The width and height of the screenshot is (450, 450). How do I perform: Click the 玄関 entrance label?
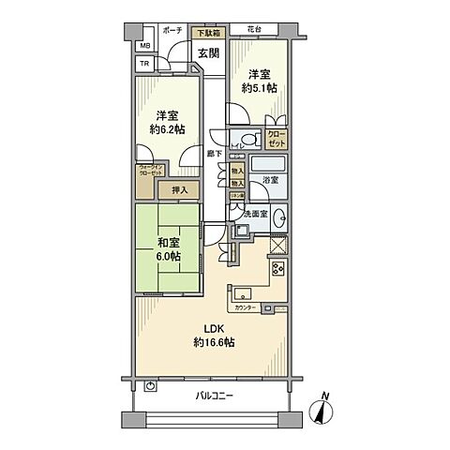(x=208, y=52)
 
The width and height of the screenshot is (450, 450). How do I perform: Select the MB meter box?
(x=144, y=46)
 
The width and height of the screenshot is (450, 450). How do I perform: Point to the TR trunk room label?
(x=144, y=64)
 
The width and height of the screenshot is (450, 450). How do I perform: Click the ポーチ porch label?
(x=172, y=30)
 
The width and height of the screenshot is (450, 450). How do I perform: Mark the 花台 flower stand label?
(x=256, y=30)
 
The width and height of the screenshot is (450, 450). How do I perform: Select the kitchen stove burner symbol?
(x=277, y=268)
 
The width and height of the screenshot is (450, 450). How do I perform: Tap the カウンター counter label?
(x=246, y=307)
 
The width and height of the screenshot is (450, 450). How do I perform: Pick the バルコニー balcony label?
(x=215, y=395)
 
